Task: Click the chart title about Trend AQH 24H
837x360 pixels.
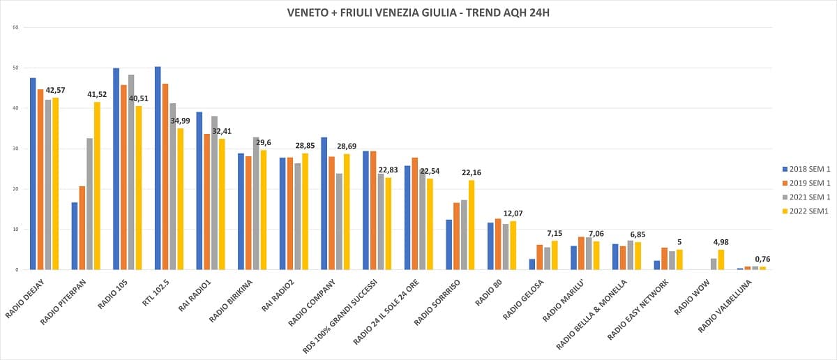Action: [418, 13]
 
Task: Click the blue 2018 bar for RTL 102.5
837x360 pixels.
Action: [158, 168]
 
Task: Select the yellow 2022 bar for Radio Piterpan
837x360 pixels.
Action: [97, 186]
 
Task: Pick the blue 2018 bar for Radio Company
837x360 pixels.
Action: [324, 203]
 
